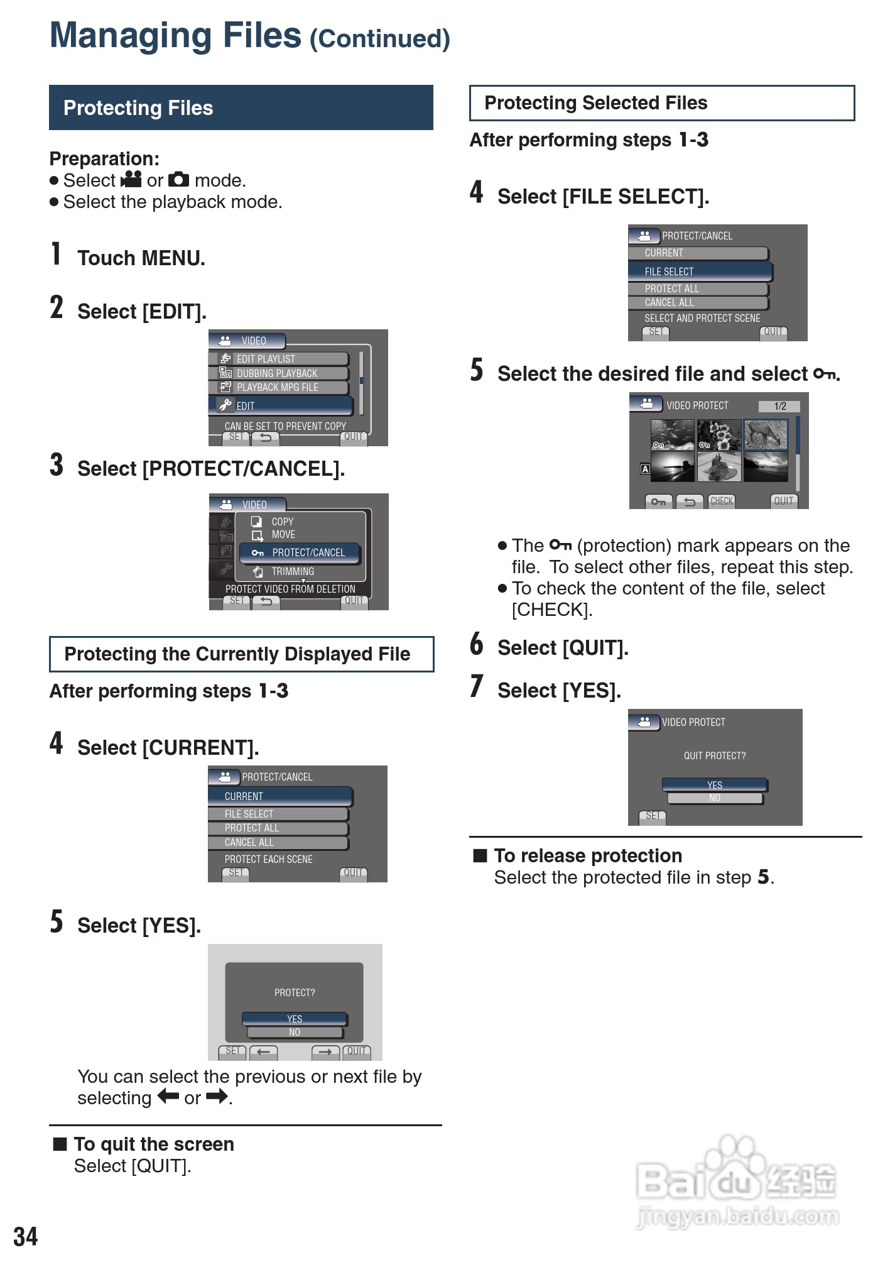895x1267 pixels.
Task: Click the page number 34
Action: tap(26, 1236)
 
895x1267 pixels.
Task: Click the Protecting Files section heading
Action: tap(138, 108)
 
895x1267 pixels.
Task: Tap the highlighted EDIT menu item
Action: tap(281, 405)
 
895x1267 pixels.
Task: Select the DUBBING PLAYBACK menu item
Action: tap(277, 373)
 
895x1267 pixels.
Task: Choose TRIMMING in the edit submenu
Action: tap(293, 571)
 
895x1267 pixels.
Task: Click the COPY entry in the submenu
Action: tap(282, 522)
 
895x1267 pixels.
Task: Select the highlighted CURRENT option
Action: tap(280, 796)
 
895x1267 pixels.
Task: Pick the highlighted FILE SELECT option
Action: tap(700, 271)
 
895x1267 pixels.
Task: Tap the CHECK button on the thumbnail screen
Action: tap(722, 501)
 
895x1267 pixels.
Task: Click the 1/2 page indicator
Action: tap(779, 406)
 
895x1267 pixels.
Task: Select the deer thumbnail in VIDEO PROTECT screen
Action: tap(766, 434)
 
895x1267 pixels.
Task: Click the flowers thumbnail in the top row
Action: tap(719, 434)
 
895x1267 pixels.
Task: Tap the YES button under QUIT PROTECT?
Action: tap(714, 785)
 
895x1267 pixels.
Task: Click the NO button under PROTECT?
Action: tap(295, 1033)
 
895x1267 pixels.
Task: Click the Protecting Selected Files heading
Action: tap(595, 103)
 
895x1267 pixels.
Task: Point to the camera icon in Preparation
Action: tap(178, 180)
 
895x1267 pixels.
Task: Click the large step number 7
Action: tap(477, 686)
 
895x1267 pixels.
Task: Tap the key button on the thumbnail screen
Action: tap(658, 502)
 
